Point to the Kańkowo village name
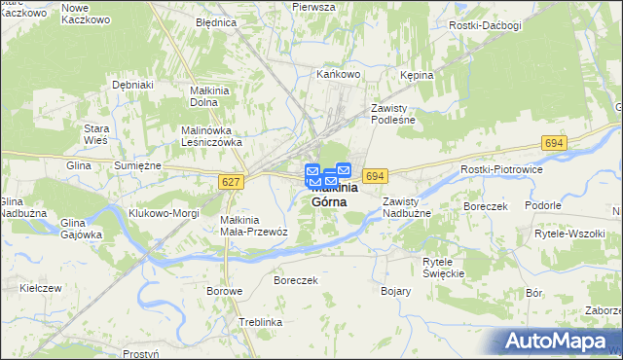[x=339, y=73]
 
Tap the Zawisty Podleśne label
[x=393, y=114]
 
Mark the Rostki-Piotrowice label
[x=500, y=169]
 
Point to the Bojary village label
[x=395, y=291]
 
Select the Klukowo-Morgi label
[x=164, y=212]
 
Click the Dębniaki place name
[x=133, y=85]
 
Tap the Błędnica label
[x=215, y=21]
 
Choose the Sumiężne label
[x=136, y=166]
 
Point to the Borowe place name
[x=224, y=291]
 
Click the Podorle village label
[x=542, y=205]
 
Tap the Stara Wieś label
[x=95, y=134]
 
